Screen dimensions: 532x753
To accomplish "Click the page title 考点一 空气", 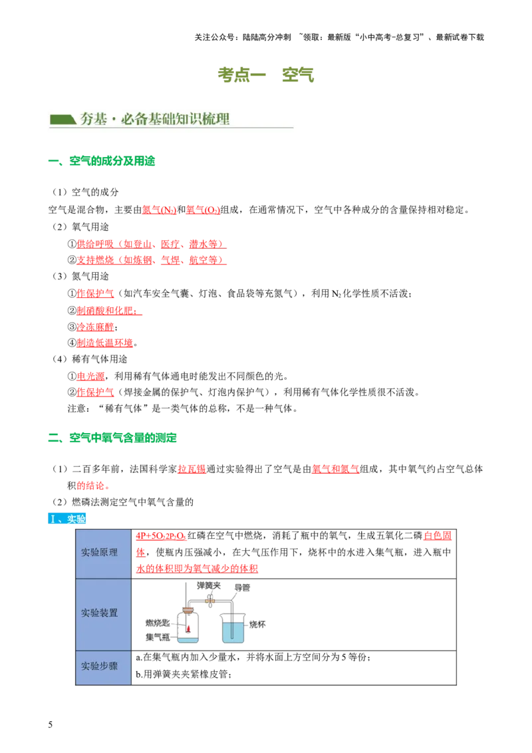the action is point(265,75).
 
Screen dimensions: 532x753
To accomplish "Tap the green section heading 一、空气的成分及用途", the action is point(101,161).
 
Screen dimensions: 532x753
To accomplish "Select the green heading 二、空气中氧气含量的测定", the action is point(112,438).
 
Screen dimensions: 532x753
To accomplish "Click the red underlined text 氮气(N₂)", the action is point(159,210).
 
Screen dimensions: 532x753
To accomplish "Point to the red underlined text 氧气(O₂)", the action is point(203,210).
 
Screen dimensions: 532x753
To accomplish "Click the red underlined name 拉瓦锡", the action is point(192,469).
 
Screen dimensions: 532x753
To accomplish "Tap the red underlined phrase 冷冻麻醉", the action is point(96,327).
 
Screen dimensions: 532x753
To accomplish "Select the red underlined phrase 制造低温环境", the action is point(104,343).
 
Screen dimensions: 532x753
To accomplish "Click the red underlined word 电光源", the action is point(90,376).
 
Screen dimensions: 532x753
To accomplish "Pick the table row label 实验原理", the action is point(99,552).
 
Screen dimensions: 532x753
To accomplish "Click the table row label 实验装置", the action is point(99,613).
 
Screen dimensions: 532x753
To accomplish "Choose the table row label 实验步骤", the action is point(99,666).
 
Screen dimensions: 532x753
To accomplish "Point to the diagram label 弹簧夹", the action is point(209,586).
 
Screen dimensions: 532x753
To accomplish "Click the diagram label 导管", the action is point(242,588).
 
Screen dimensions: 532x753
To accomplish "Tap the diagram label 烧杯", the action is point(257,625).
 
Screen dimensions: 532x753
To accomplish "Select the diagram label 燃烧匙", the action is point(158,623).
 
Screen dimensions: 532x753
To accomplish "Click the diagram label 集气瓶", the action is point(158,637).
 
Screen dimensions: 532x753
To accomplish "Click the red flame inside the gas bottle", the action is point(189,629).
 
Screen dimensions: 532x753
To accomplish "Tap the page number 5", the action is point(51,724).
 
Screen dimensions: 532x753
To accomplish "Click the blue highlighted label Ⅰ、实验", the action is point(66,519).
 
